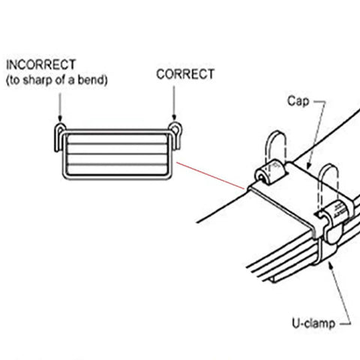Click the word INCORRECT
[x=40, y=64]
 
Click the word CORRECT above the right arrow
[x=185, y=74]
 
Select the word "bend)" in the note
[x=93, y=80]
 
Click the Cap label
[x=298, y=101]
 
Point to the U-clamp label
[x=313, y=323]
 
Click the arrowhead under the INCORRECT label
[x=60, y=118]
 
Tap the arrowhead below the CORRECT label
[x=174, y=117]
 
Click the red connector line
[x=211, y=175]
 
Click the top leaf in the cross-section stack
[x=117, y=139]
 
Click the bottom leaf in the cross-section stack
[x=117, y=169]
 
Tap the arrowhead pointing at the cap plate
[x=308, y=166]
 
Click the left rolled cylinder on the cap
[x=270, y=172]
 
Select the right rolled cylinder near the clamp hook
[x=335, y=211]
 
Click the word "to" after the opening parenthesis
[x=14, y=80]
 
